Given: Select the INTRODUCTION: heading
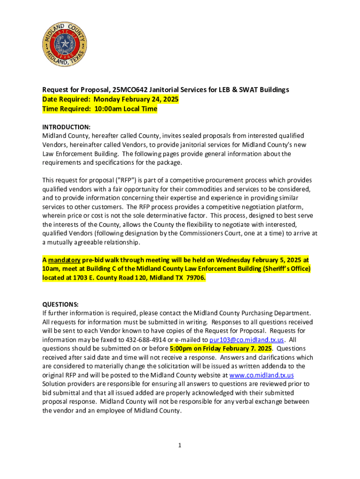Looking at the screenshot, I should point(66,127).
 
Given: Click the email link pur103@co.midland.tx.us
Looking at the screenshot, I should point(246,340).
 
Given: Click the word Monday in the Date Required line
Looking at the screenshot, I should point(107,99).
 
